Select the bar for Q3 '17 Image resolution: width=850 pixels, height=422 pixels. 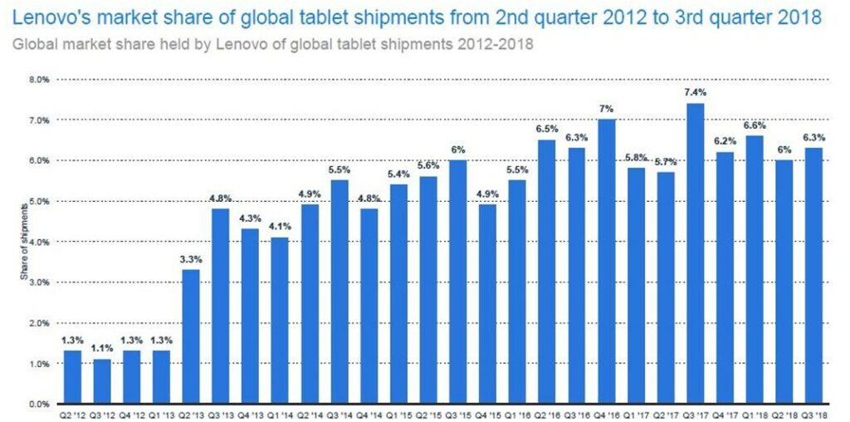pyautogui.click(x=696, y=253)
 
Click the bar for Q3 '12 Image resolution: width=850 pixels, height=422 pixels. pyautogui.click(x=102, y=381)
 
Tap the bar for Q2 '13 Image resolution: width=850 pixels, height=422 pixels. pyautogui.click(x=191, y=336)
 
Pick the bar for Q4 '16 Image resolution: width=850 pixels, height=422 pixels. pyautogui.click(x=607, y=262)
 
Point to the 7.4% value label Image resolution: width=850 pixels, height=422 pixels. pyautogui.click(x=696, y=93)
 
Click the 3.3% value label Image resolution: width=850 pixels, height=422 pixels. pyautogui.click(x=191, y=259)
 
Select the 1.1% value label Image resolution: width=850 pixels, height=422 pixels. pyautogui.click(x=102, y=349)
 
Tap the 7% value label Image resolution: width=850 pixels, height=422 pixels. pyautogui.click(x=607, y=110)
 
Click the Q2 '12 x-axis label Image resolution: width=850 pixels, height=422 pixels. pyautogui.click(x=72, y=415)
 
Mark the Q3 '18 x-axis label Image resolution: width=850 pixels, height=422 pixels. pyautogui.click(x=814, y=415)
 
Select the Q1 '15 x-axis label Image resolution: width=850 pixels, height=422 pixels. pyautogui.click(x=398, y=415)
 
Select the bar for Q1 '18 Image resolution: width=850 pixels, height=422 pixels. pyautogui.click(x=755, y=270)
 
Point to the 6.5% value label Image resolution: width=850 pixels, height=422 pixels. pyautogui.click(x=547, y=130)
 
